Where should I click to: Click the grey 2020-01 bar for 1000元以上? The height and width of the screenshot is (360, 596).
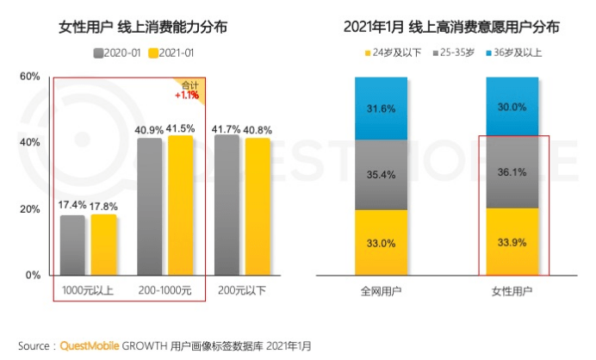(72, 245)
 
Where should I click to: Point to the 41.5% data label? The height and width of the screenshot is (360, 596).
(179, 127)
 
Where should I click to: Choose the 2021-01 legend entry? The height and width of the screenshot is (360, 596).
(171, 53)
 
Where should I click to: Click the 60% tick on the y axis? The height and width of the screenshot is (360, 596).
(30, 77)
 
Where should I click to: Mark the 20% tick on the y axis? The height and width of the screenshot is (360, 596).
(30, 209)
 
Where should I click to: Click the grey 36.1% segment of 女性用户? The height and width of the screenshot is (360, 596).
(512, 173)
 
